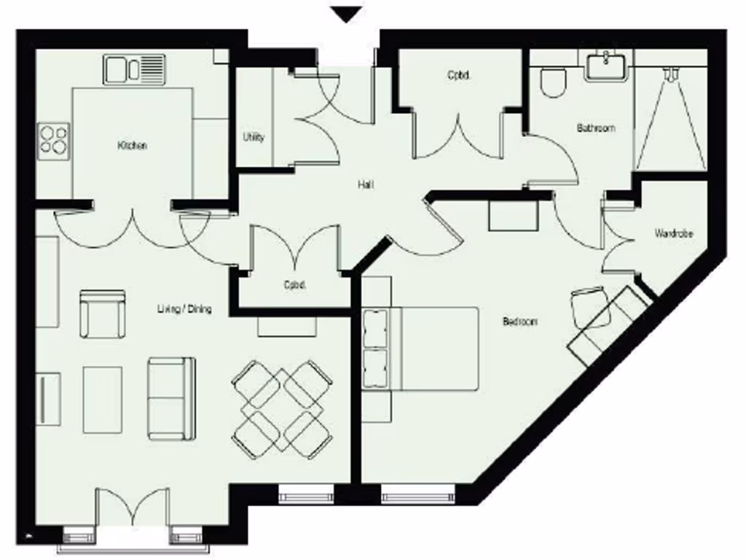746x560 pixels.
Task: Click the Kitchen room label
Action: click(132, 146)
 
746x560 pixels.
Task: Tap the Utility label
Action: click(254, 137)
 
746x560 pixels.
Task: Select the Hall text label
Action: click(366, 185)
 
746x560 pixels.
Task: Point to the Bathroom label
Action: click(595, 128)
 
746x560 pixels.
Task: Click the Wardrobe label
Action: click(673, 234)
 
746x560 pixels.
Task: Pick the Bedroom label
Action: click(519, 321)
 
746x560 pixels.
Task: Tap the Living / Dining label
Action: click(184, 308)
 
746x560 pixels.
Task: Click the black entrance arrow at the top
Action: click(346, 14)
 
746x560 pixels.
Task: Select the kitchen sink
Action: click(134, 69)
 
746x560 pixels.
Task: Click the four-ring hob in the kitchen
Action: click(54, 139)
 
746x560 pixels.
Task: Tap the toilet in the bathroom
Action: click(552, 82)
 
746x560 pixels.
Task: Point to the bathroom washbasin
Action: click(606, 66)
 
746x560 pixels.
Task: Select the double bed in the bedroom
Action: click(430, 348)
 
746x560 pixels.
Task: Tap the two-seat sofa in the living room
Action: click(171, 398)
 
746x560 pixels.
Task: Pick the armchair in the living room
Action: click(102, 313)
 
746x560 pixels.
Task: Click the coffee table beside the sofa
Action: click(102, 400)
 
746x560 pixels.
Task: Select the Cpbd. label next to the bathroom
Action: click(458, 74)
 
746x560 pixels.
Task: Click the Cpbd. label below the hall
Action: click(294, 285)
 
